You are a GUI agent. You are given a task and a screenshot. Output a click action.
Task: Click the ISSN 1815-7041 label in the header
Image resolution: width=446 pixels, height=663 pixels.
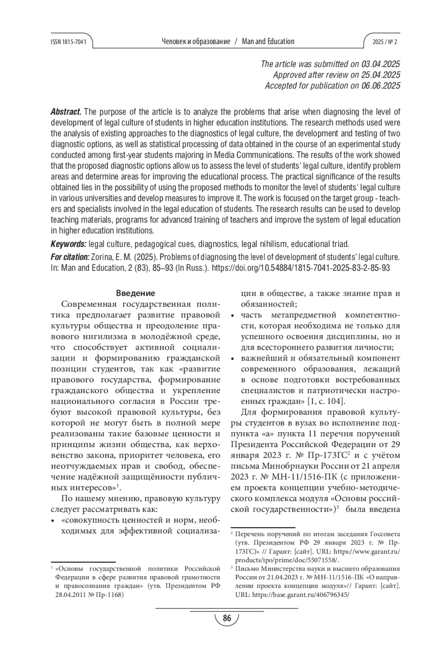(68, 42)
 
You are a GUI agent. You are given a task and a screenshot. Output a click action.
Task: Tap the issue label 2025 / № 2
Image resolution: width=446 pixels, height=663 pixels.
(385, 42)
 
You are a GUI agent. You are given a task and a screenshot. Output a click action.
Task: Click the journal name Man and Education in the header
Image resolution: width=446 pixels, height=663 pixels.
(268, 41)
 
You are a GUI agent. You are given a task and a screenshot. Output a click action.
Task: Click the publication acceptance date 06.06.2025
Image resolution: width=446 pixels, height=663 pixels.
(381, 86)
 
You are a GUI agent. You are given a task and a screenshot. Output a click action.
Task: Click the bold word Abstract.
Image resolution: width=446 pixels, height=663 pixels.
(66, 112)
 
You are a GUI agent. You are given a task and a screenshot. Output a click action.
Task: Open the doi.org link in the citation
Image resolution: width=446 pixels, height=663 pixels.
(301, 268)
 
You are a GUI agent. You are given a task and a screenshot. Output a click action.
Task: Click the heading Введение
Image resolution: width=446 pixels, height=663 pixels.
(135, 293)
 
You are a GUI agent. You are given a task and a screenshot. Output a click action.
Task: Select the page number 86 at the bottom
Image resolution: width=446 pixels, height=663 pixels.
(227, 618)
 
